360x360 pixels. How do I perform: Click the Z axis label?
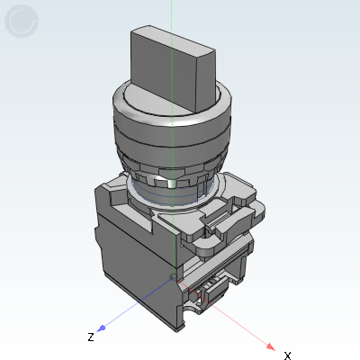[91, 337]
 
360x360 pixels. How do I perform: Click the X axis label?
[287, 355]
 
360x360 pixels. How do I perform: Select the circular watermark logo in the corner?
[22, 22]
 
